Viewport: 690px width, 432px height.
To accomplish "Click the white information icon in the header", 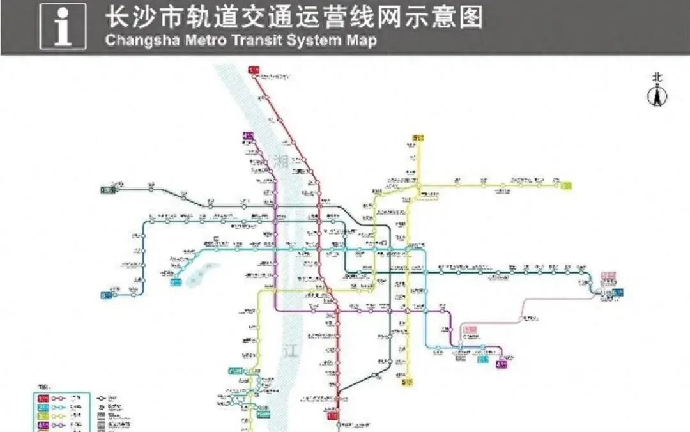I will tap(63, 27).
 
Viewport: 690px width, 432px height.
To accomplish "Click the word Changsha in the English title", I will tap(135, 40).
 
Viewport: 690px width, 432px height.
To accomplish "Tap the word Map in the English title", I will tap(362, 40).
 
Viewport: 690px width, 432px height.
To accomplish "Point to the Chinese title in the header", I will tap(294, 17).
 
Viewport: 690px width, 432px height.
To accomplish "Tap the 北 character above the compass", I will tap(657, 77).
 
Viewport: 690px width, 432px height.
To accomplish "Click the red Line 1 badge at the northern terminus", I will tap(254, 70).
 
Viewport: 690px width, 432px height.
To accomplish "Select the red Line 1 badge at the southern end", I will tap(333, 416).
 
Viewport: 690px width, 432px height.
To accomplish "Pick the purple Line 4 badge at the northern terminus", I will tap(247, 135).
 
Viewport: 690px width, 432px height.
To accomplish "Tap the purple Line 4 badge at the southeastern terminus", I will tap(502, 364).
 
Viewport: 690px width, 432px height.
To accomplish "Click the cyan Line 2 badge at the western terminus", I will tap(176, 281).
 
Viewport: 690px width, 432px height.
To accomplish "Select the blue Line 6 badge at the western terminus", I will tap(105, 295).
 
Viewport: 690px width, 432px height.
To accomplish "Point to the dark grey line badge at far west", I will tap(107, 189).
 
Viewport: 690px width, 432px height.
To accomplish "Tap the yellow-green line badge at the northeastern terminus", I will tap(565, 186).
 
